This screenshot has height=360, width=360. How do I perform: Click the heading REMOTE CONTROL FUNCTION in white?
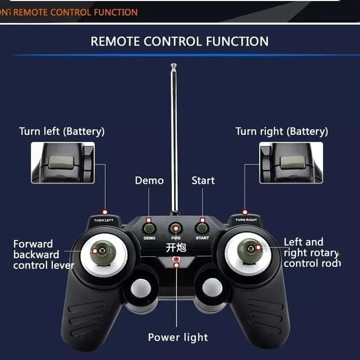[180, 41]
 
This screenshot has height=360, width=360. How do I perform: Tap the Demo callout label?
[149, 180]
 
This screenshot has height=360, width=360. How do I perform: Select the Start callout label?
[203, 180]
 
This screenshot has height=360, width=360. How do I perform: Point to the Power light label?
[178, 337]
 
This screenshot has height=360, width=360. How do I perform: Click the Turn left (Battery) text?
[61, 131]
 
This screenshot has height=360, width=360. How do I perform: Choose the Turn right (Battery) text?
[282, 131]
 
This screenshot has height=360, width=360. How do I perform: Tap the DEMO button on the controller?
[149, 228]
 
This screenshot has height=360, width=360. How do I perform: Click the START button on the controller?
[202, 228]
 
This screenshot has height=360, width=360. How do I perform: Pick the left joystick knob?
[102, 251]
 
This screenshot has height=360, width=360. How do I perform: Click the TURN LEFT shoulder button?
[104, 219]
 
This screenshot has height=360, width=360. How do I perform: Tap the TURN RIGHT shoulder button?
[246, 219]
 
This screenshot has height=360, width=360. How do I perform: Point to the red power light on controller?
[177, 262]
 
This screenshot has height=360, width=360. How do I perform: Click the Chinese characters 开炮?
[175, 248]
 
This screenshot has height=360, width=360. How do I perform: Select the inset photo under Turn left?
[63, 163]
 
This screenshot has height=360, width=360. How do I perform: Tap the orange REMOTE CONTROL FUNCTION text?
[75, 12]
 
